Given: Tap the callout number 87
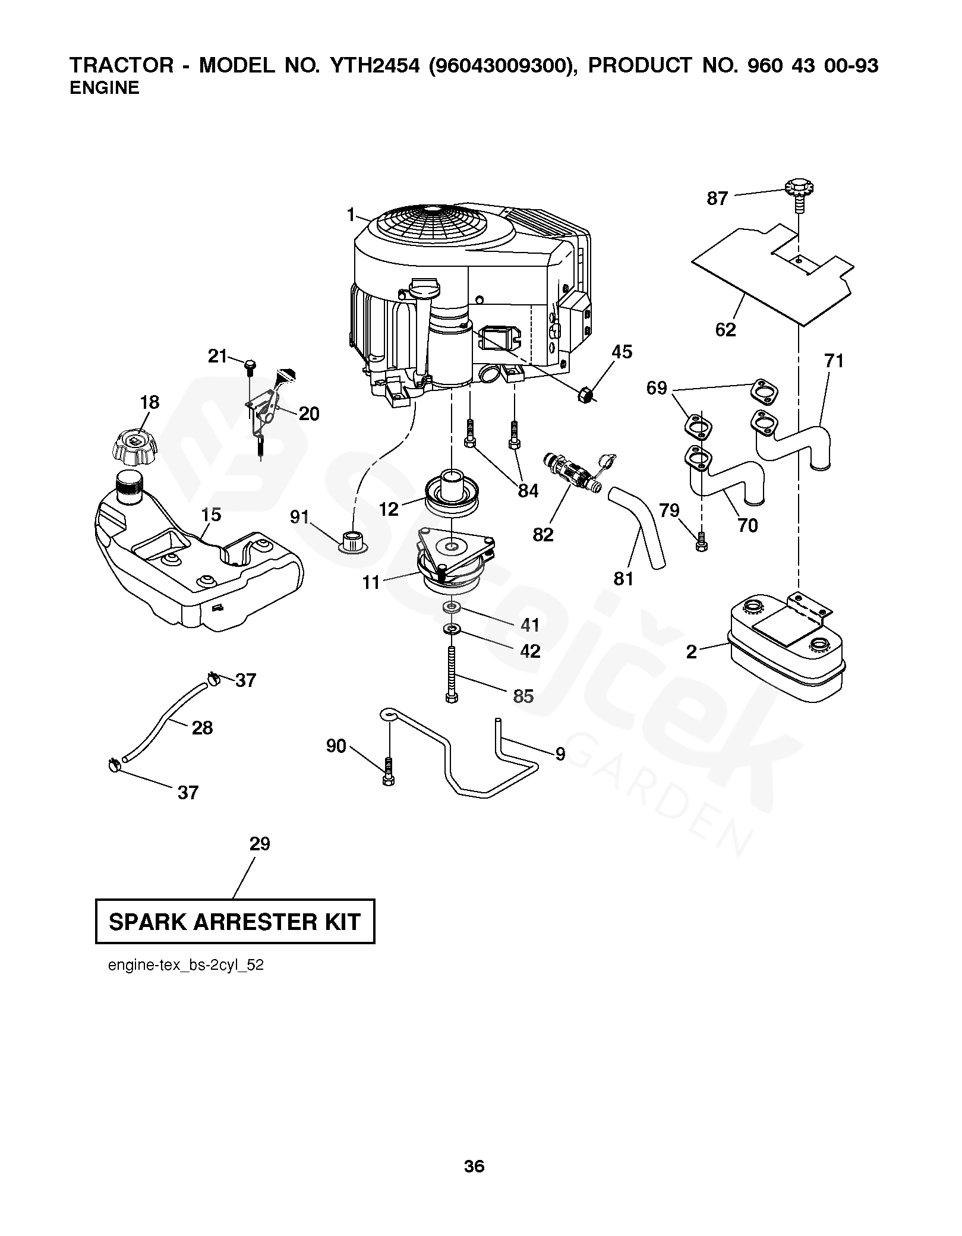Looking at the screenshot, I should pyautogui.click(x=717, y=198).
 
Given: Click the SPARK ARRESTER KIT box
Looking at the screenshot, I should pyautogui.click(x=235, y=922).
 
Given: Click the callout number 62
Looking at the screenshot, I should pyautogui.click(x=726, y=329).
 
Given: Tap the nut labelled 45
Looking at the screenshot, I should pyautogui.click(x=584, y=394).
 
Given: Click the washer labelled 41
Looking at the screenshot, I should pyautogui.click(x=452, y=607).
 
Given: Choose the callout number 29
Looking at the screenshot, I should pyautogui.click(x=260, y=844).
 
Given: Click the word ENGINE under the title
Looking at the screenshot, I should pyautogui.click(x=105, y=88).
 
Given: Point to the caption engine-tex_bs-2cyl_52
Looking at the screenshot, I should pyautogui.click(x=186, y=966).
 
